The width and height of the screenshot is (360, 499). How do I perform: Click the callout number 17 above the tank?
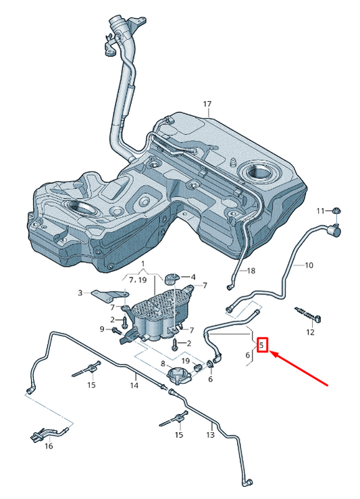tap(207, 104)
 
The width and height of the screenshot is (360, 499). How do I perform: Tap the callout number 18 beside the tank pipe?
tap(251, 271)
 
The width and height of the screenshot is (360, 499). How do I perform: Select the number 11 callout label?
tap(322, 211)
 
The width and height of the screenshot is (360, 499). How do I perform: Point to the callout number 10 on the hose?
tap(309, 265)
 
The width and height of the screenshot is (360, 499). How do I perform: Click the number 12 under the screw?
tap(310, 332)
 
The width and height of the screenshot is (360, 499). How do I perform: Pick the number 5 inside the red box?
tap(263, 346)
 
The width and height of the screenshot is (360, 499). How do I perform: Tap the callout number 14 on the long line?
tap(134, 386)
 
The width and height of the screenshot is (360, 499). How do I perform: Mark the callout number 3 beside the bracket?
tap(80, 292)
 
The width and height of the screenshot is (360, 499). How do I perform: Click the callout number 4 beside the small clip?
tap(193, 277)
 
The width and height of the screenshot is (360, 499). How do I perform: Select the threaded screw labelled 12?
tap(305, 314)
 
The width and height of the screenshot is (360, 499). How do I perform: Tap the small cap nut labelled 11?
tap(335, 213)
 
